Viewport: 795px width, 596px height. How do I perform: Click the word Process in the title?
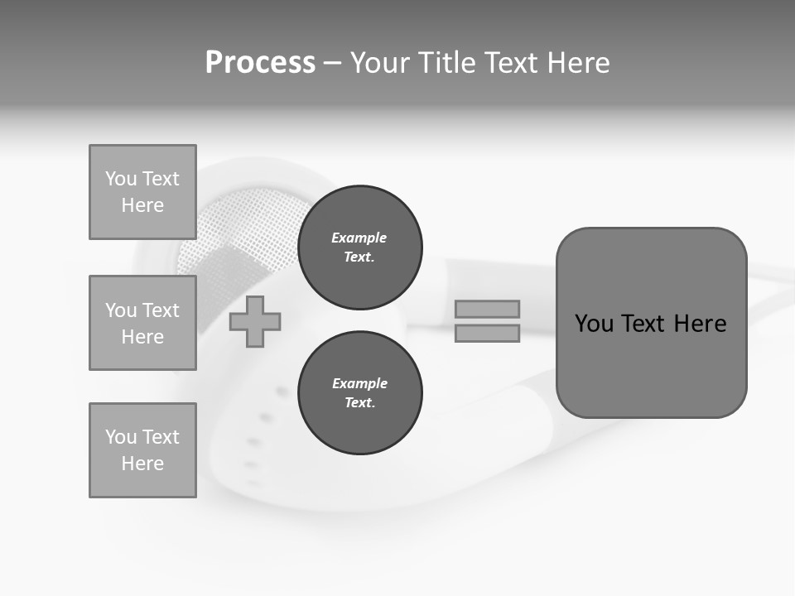click(260, 63)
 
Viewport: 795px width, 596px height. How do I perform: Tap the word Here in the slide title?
click(577, 63)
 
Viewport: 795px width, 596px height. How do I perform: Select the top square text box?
click(142, 192)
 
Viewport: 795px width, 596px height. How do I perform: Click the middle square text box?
click(142, 323)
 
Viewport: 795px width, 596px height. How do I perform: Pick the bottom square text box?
click(142, 450)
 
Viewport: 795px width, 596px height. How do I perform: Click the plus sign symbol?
click(255, 321)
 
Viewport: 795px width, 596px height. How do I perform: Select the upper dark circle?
click(359, 248)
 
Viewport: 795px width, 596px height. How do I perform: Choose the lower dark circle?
click(359, 393)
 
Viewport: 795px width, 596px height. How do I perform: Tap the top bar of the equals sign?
click(487, 309)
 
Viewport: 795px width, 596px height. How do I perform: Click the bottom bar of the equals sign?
click(487, 333)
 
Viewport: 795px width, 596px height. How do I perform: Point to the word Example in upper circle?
click(359, 238)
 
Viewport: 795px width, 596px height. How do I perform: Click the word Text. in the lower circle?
click(359, 403)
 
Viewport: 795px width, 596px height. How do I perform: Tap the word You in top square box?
click(121, 179)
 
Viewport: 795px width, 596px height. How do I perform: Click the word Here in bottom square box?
click(142, 464)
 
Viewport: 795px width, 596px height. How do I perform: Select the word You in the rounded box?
click(594, 324)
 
